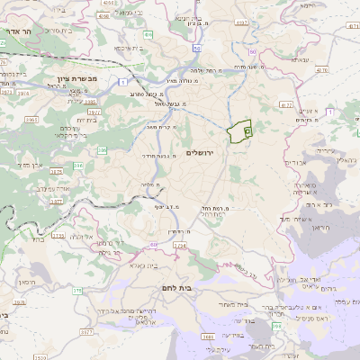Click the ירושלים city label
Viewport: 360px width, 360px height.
203,153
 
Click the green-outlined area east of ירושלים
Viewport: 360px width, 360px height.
239,131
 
